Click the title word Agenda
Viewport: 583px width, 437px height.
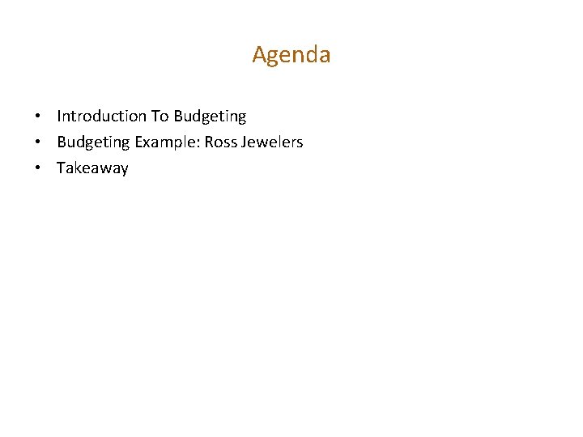pos(291,55)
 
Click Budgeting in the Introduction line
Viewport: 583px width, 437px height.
pos(210,117)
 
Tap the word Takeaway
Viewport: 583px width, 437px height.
pos(92,169)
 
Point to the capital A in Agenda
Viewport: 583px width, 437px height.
pos(260,55)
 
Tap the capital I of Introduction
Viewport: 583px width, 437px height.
pos(59,117)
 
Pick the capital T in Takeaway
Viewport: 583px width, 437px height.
pos(61,168)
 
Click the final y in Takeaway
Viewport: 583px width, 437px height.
pos(124,171)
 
